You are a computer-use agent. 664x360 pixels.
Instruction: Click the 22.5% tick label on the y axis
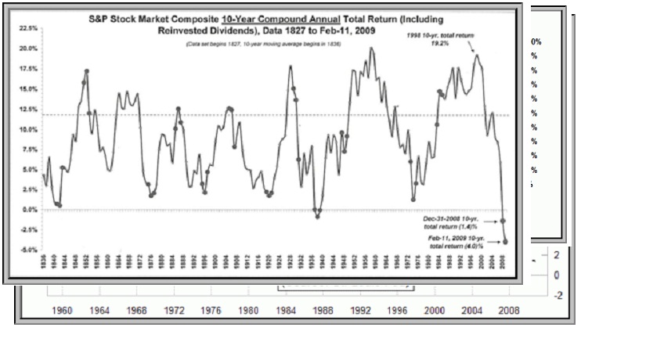[x=27, y=28]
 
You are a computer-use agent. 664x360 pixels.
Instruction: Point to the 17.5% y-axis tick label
[x=27, y=69]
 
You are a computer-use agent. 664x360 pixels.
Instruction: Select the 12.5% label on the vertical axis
[x=27, y=110]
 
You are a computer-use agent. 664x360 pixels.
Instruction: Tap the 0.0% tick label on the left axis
[x=29, y=210]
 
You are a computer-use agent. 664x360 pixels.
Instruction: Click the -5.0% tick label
[x=27, y=250]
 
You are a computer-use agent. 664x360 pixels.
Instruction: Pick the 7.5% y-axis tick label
[x=29, y=149]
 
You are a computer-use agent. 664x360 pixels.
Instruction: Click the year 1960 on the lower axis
[x=63, y=311]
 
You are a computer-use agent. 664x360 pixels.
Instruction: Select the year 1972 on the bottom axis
[x=175, y=311]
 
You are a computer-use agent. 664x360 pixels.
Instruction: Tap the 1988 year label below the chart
[x=323, y=311]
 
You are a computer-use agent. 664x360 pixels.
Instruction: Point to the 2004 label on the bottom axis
[x=472, y=311]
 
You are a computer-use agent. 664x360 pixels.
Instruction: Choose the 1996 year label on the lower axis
[x=398, y=311]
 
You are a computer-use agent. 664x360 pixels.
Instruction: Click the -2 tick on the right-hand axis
[x=556, y=295]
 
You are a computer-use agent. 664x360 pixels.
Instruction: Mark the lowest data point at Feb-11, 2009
[x=506, y=242]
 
